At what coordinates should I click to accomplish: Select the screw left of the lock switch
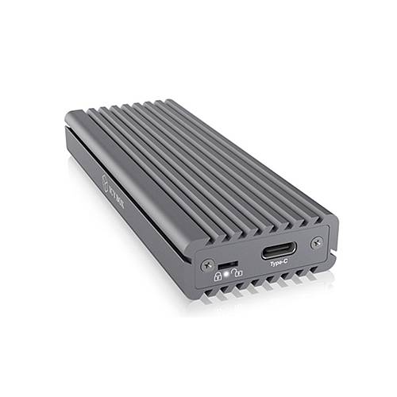coord(209,264)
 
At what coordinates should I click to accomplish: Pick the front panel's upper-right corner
coord(332,218)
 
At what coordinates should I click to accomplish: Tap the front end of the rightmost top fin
coord(322,216)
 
